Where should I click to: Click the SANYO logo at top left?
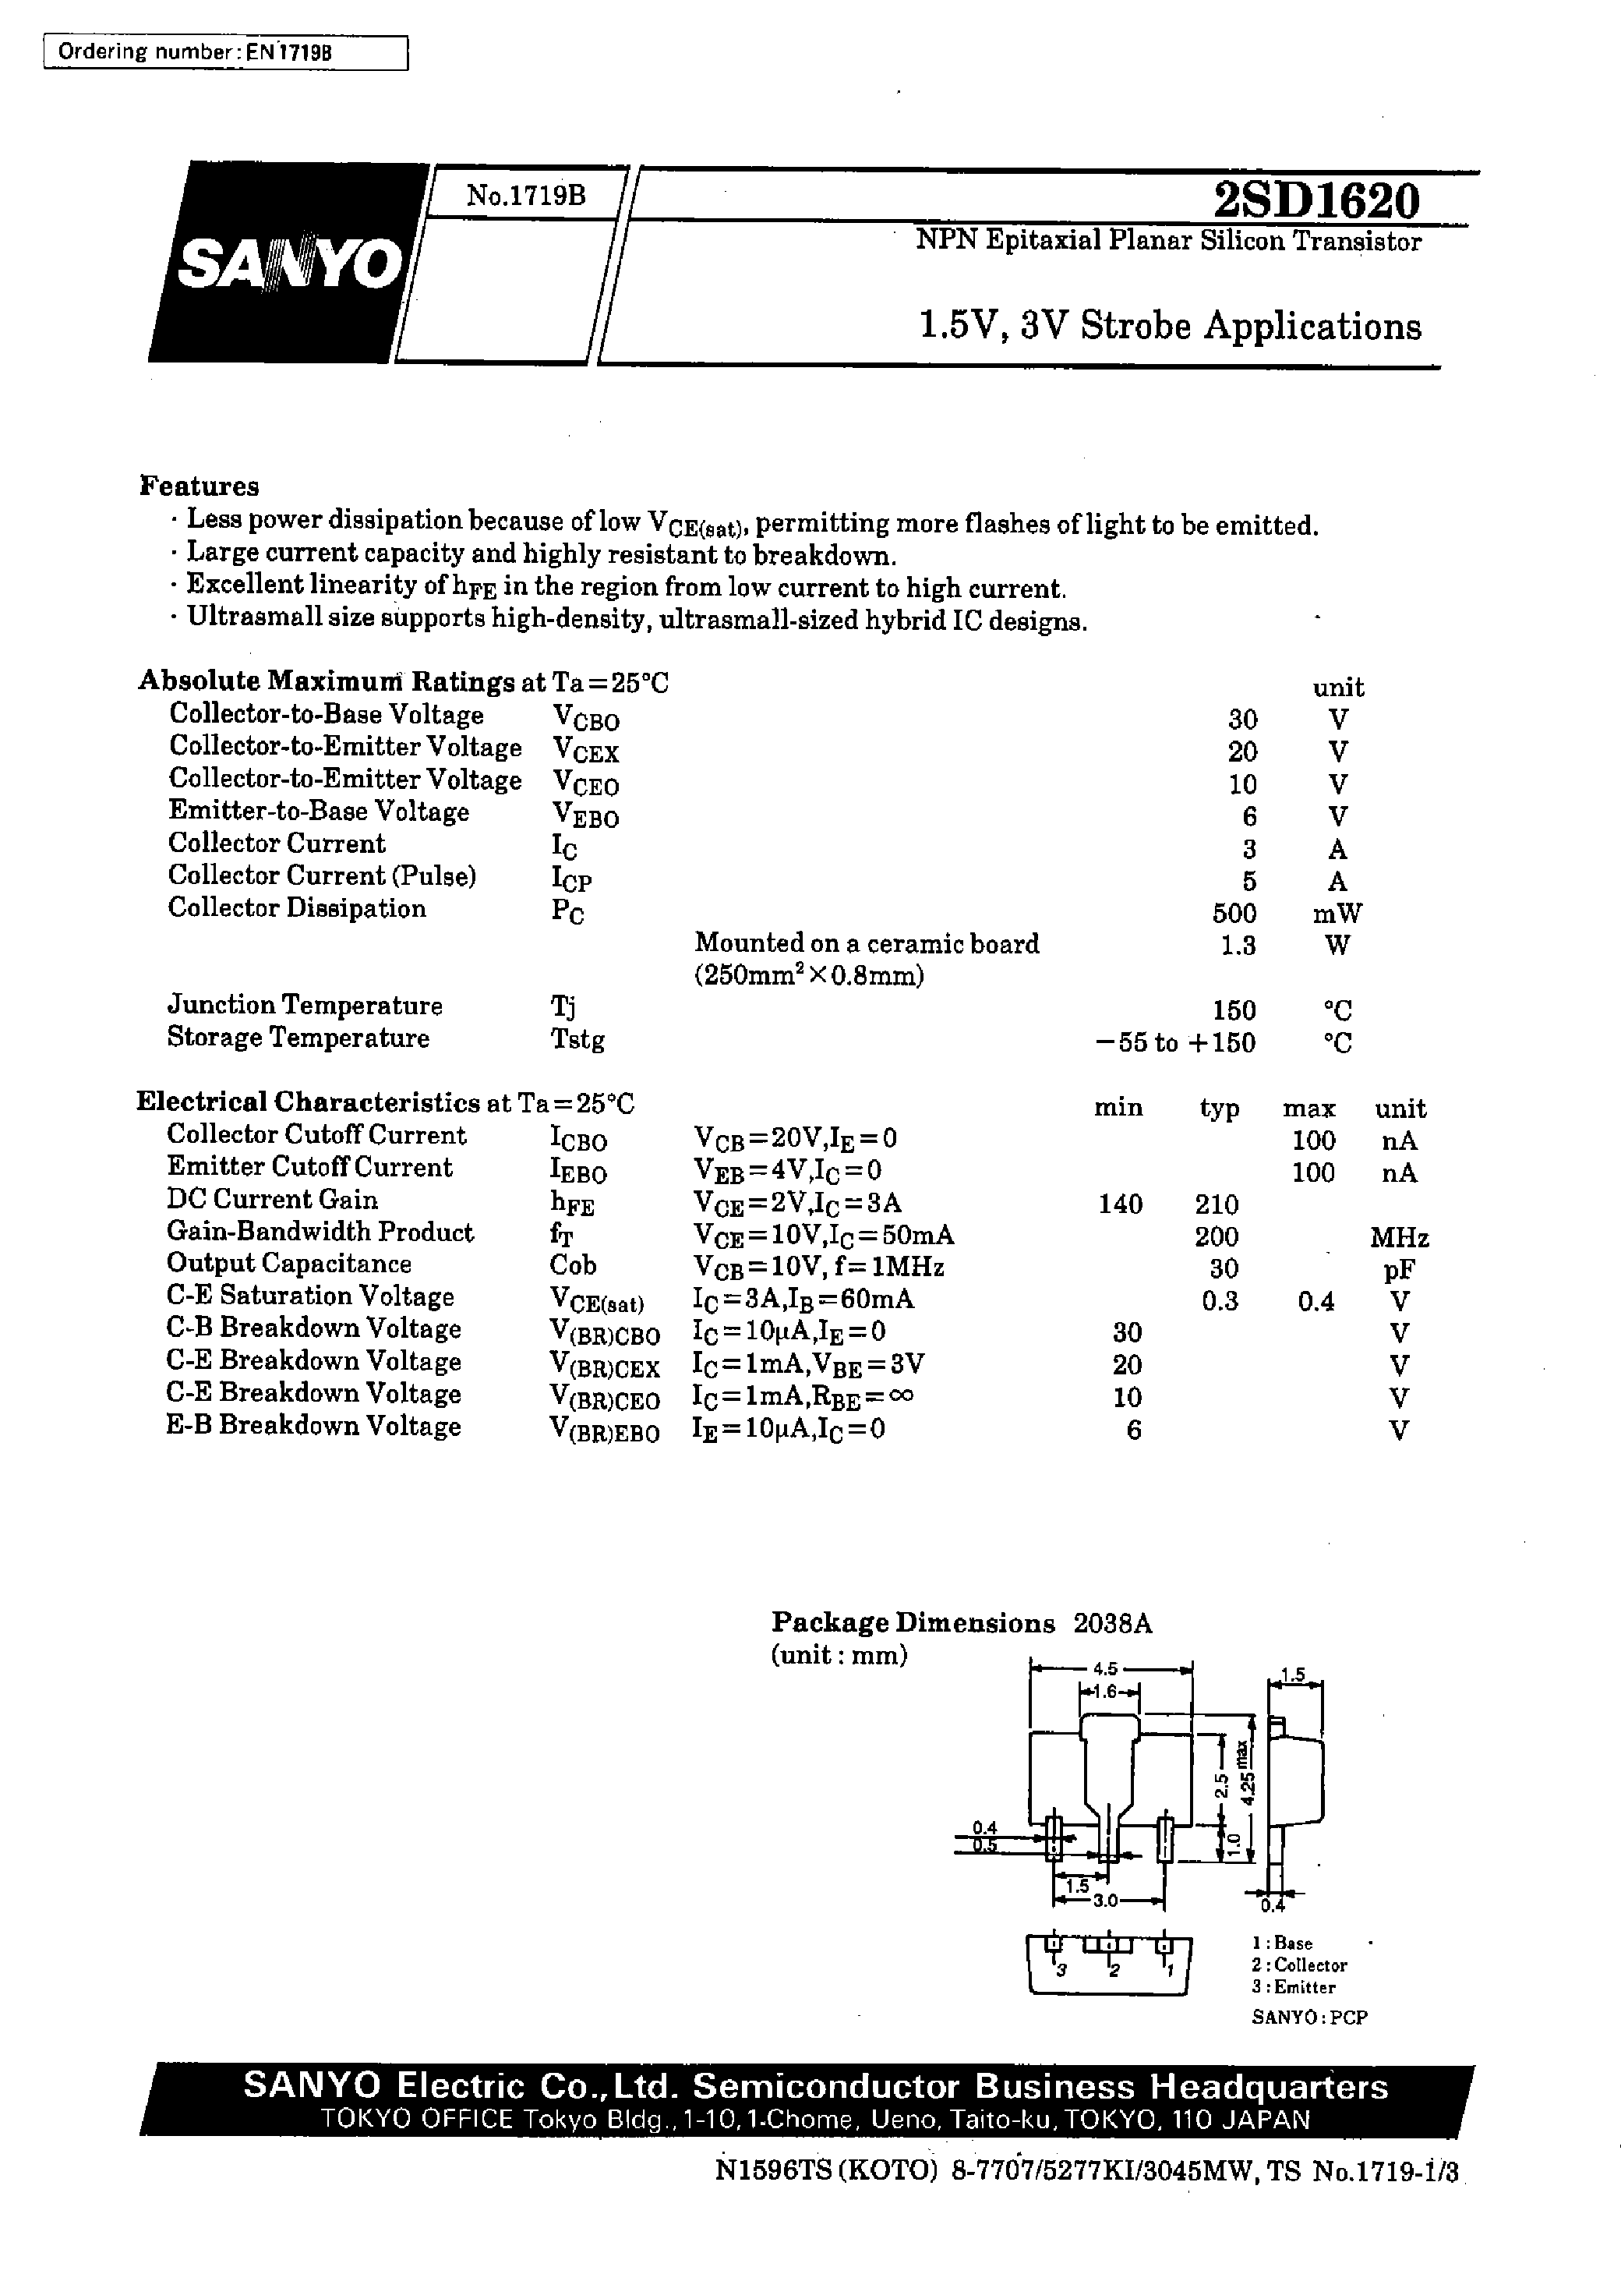pyautogui.click(x=288, y=264)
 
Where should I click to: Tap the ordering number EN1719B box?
pyautogui.click(x=225, y=53)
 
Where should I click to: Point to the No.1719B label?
pyautogui.click(x=526, y=196)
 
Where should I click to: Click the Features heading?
pyautogui.click(x=200, y=486)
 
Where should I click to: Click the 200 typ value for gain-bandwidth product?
pyautogui.click(x=1217, y=1237)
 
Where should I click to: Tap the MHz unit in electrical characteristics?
pyautogui.click(x=1398, y=1238)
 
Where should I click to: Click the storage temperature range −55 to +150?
pyautogui.click(x=1174, y=1042)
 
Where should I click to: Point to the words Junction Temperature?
pyautogui.click(x=305, y=1005)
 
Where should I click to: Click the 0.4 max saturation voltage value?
pyautogui.click(x=1316, y=1302)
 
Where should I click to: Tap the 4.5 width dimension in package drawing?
pyautogui.click(x=1105, y=1669)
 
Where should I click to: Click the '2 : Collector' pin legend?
pyautogui.click(x=1298, y=1965)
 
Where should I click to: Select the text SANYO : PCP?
pyautogui.click(x=1308, y=2017)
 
